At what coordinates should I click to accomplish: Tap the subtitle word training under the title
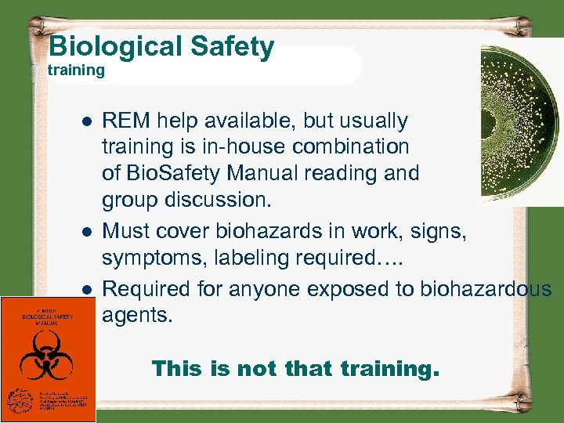click(76, 70)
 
